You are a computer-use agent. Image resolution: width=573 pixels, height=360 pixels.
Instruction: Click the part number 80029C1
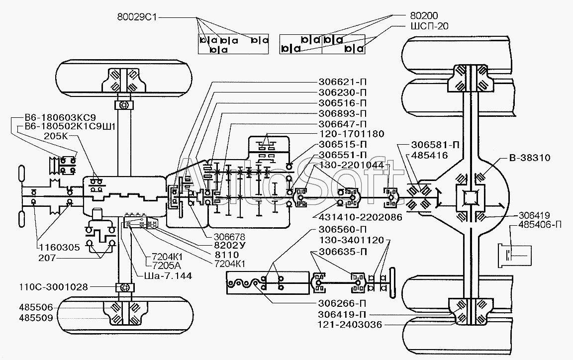point(137,17)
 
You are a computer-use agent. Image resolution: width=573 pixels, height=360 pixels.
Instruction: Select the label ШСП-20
point(427,26)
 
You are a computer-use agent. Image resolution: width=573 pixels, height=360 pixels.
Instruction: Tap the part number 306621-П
point(342,82)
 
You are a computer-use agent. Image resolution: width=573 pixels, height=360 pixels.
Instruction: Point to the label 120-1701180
point(351,134)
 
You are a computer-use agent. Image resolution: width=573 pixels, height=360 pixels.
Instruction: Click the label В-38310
point(530,158)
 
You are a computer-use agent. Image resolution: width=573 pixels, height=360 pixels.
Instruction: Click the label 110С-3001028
point(54,287)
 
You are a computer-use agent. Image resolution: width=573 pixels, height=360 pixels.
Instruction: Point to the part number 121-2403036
point(350,325)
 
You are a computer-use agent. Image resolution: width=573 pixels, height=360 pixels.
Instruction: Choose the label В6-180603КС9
point(60,118)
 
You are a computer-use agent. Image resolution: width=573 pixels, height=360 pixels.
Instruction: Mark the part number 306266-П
point(342,303)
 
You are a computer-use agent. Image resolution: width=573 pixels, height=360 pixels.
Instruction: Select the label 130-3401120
point(352,240)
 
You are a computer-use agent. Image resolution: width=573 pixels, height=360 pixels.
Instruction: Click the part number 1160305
point(59,248)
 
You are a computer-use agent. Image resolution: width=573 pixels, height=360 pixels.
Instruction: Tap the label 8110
point(227,255)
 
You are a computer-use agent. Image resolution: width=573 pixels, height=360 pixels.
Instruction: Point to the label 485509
point(36,318)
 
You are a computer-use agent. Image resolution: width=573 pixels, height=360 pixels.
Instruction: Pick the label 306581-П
point(435,145)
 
